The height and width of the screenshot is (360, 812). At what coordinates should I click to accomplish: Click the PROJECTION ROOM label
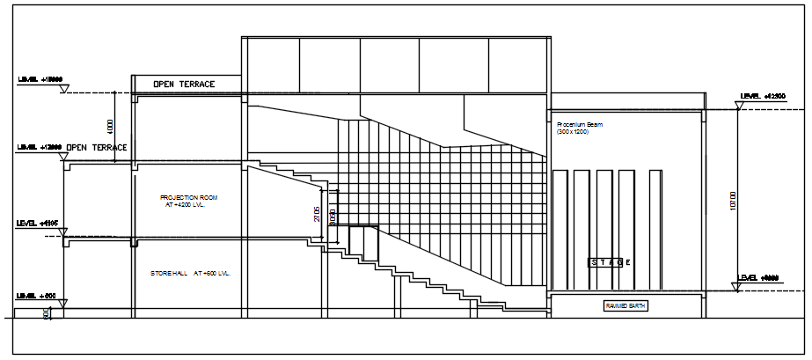coord(188,197)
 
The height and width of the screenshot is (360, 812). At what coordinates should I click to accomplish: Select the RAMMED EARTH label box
coord(625,305)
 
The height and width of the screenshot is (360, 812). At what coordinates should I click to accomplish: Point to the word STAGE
coord(611,262)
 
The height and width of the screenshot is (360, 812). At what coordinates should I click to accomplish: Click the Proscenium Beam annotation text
coord(579,125)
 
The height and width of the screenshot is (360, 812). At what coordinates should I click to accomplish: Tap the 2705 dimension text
coord(317,215)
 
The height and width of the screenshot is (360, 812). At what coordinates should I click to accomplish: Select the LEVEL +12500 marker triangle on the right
coord(739,106)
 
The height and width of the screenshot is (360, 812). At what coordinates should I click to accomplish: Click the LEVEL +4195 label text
coord(37,224)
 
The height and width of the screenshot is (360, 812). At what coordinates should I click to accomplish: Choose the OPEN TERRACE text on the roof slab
coord(184,84)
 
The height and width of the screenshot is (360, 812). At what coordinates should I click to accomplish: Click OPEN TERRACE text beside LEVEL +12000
coord(97,147)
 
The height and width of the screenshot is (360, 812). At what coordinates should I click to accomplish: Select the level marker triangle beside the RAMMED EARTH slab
coord(739,285)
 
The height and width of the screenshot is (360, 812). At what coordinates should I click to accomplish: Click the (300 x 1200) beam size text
coord(572,132)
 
